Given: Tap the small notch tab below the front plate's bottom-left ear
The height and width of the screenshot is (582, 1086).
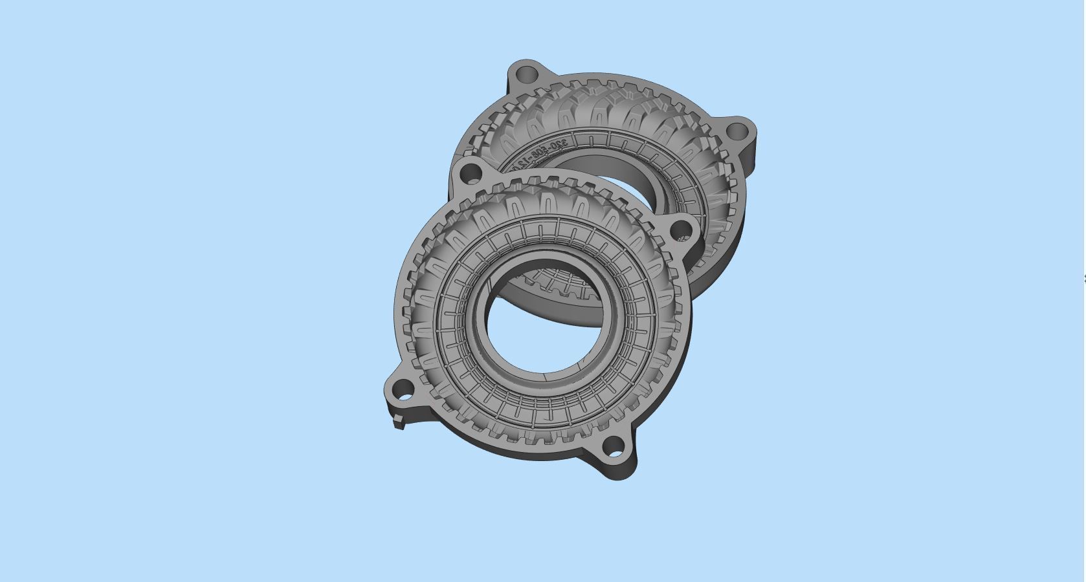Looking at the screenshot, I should point(400,424).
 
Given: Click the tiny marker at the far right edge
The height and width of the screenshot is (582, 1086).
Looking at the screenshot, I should point(1084,279).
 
